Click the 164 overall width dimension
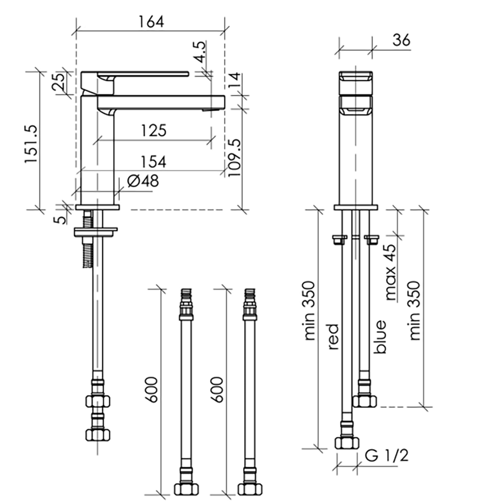tap(151, 22)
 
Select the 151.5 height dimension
tap(32, 144)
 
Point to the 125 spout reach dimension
tap(154, 130)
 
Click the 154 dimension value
tap(153, 161)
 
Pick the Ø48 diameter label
tap(143, 181)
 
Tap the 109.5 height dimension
tap(235, 158)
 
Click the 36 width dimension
tap(401, 40)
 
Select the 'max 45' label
tap(391, 272)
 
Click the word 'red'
tap(333, 337)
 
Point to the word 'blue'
tap(380, 337)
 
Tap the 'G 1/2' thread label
tap(387, 455)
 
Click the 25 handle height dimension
tap(59, 82)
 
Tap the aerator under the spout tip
tap(211, 110)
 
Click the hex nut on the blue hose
tap(364, 401)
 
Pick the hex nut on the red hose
tap(347, 443)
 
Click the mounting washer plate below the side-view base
tap(95, 232)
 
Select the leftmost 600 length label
tap(152, 389)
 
